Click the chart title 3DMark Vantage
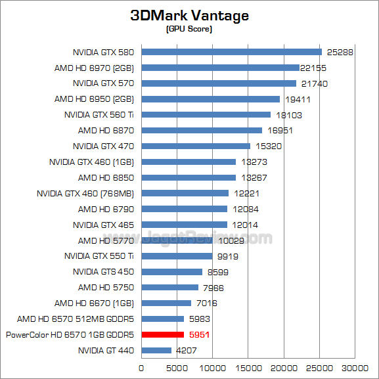[189, 16]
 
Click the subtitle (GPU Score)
[189, 30]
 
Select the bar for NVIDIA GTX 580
[231, 52]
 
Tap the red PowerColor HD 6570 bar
[162, 335]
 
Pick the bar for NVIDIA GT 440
[156, 351]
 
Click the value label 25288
[339, 52]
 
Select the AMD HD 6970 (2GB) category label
[94, 68]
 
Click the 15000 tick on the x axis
[248, 368]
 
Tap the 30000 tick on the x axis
[355, 368]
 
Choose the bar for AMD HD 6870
[202, 131]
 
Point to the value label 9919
[228, 256]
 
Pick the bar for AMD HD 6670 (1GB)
[166, 303]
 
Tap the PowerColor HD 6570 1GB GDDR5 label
[70, 335]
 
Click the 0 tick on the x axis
[141, 368]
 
